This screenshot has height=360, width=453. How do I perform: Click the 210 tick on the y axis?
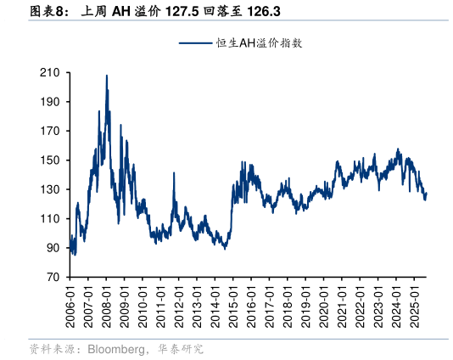tap(49, 73)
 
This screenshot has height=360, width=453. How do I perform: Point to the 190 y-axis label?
tap(49, 102)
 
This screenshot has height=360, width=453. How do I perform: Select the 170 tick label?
tap(49, 132)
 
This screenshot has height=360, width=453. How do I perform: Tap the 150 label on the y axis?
tap(49, 160)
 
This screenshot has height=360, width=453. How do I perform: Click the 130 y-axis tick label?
tap(49, 189)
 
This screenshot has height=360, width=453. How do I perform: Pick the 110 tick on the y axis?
tap(49, 219)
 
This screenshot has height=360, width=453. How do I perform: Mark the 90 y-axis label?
tap(52, 248)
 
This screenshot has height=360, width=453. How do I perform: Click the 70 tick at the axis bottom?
tap(52, 278)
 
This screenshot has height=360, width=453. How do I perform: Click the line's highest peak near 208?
tap(107, 76)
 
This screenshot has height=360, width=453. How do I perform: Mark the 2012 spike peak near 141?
tap(174, 173)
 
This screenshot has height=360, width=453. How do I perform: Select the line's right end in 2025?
tap(427, 194)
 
